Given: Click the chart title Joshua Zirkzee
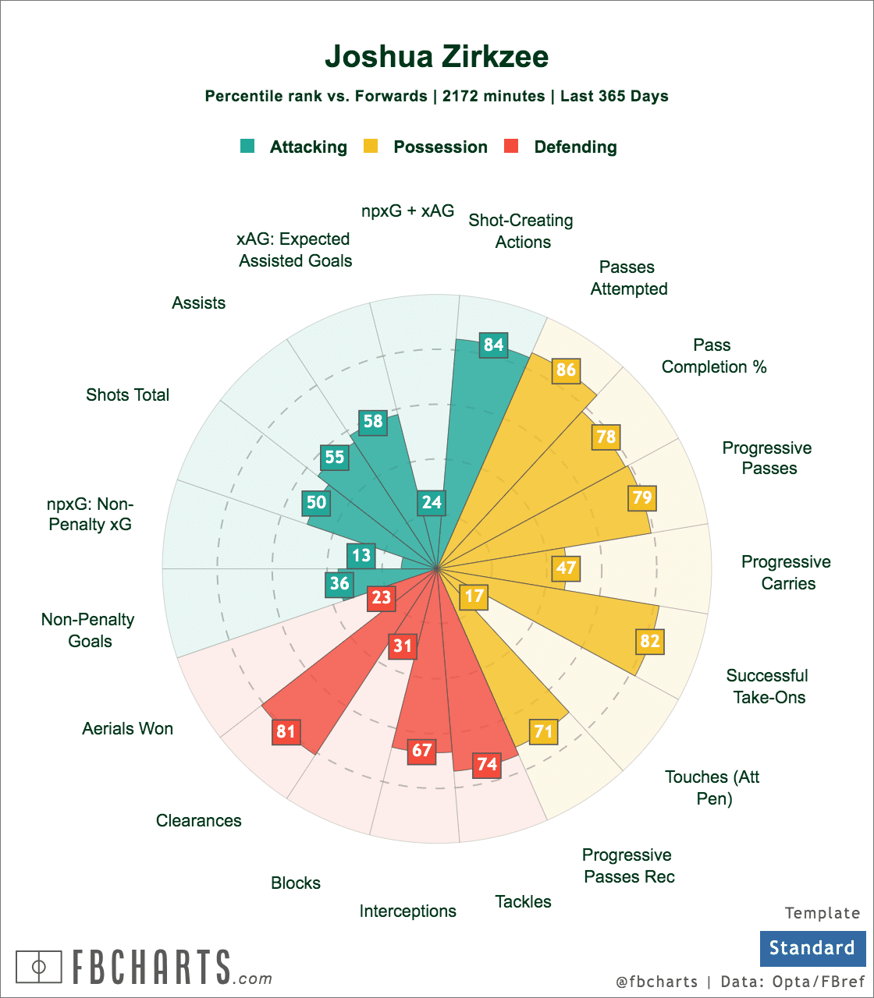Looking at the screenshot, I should click(x=436, y=57).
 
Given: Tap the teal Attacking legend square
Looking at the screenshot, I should click(x=248, y=146).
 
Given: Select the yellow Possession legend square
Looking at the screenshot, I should click(x=371, y=146).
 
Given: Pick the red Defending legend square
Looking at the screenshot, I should click(x=512, y=146).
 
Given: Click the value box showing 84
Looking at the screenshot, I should click(x=494, y=345).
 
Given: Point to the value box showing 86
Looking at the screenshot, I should click(x=566, y=370).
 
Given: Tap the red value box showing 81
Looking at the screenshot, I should click(x=286, y=732).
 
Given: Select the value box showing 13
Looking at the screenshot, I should click(x=361, y=556).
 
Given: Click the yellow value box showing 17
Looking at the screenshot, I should click(x=474, y=597).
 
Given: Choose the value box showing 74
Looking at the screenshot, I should click(x=487, y=764).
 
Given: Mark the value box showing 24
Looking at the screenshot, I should click(x=432, y=502).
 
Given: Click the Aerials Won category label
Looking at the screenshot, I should click(x=128, y=729).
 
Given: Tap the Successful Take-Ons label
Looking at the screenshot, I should click(x=768, y=686).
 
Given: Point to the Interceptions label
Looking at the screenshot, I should click(x=407, y=911).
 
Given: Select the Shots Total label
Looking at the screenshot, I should click(x=128, y=395).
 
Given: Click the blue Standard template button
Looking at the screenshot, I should click(x=812, y=948).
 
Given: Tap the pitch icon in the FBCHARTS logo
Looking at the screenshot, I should click(x=38, y=967).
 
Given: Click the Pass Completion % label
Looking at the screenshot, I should click(x=714, y=356).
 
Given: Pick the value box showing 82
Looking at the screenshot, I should click(x=649, y=641).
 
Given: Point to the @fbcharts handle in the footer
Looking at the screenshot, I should click(x=656, y=982).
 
